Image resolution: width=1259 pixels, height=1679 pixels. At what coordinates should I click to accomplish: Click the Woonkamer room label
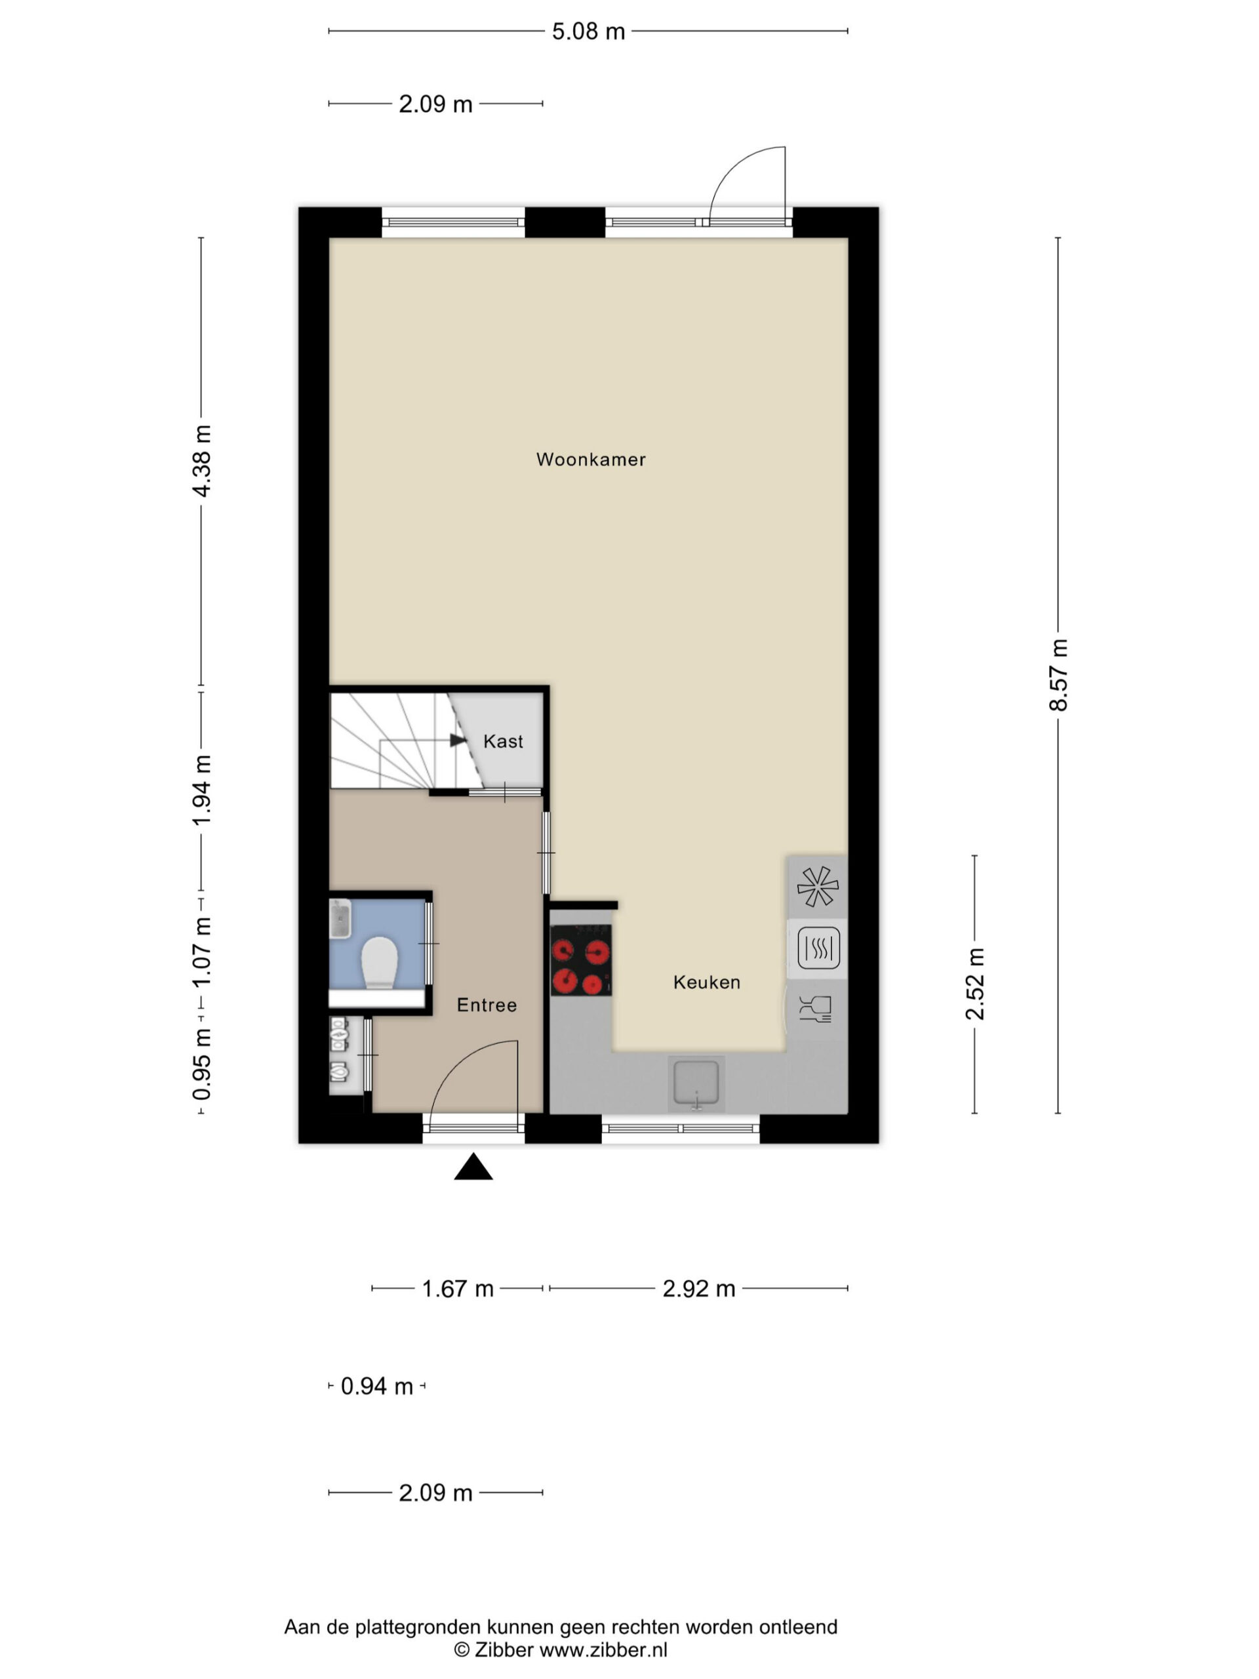590,459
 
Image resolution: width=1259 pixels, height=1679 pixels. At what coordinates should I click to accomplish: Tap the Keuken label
706,982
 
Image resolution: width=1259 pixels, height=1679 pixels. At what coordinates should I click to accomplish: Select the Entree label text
487,1005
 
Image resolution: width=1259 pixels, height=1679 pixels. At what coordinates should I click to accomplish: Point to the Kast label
503,742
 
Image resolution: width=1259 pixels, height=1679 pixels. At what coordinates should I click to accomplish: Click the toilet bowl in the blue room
380,962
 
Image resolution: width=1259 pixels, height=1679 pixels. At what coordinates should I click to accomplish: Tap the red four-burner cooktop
582,960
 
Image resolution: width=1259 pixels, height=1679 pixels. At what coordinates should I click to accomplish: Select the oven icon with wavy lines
818,948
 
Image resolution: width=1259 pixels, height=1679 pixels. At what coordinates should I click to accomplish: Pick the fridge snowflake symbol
817,887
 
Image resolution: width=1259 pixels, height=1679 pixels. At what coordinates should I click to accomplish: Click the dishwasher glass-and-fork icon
816,1009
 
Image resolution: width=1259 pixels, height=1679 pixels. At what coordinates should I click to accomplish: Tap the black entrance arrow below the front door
473,1167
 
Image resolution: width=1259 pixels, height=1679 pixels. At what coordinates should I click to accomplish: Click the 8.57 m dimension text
1058,675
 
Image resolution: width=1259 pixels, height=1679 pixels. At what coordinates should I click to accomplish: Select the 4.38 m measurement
202,460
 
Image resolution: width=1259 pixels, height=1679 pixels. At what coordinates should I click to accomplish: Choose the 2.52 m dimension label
974,984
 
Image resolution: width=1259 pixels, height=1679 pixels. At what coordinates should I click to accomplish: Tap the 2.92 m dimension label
699,1289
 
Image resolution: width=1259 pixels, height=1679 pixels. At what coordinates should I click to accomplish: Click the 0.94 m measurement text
376,1386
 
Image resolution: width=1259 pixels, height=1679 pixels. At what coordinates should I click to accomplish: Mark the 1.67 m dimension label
458,1289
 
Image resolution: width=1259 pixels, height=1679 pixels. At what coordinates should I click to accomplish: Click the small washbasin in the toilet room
340,920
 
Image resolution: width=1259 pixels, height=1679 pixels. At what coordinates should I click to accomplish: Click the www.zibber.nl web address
603,1649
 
